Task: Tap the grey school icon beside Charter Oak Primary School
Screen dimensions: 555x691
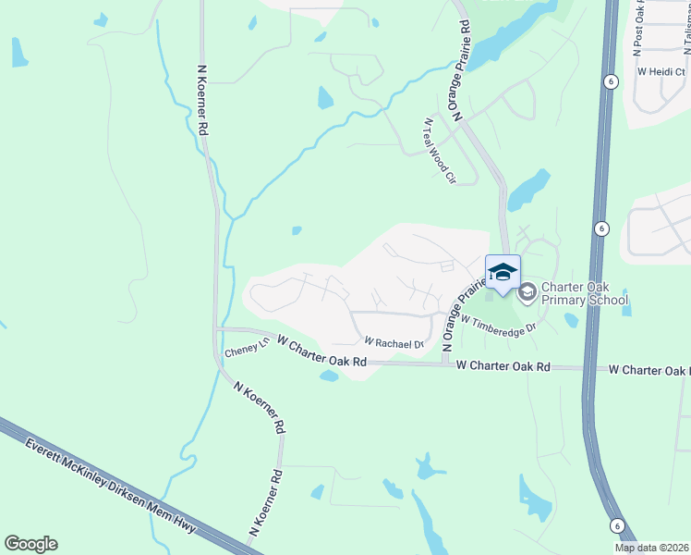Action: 527,293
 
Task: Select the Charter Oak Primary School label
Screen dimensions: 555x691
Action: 585,293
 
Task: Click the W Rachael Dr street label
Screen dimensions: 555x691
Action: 394,343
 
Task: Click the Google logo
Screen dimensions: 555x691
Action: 30,544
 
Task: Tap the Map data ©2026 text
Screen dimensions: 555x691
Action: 651,548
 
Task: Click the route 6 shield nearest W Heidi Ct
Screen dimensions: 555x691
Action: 612,81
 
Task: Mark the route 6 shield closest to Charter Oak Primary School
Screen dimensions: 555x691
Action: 600,228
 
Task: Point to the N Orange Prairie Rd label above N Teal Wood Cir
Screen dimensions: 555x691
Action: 459,80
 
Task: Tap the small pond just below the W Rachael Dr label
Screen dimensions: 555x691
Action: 329,376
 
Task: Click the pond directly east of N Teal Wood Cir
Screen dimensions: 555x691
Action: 527,191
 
